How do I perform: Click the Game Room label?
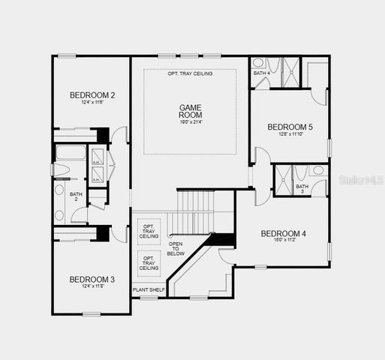(190, 112)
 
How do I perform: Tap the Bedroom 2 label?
(92, 95)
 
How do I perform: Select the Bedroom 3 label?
(92, 280)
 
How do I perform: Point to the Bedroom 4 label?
(283, 234)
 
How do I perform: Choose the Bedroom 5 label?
(290, 127)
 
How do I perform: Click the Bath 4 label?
(260, 73)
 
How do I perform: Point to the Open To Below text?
(176, 249)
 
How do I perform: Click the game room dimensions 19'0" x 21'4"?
(190, 121)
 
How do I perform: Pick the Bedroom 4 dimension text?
(283, 241)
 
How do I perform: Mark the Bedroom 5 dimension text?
(290, 135)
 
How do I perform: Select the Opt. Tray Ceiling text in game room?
(190, 73)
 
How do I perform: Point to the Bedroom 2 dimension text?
(92, 103)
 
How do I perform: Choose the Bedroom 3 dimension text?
(92, 287)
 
